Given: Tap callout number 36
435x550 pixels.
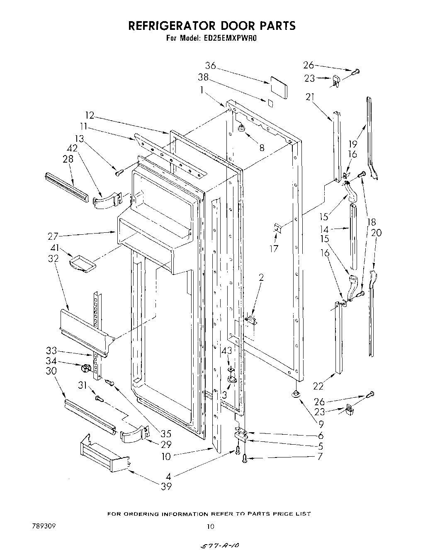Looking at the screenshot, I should coord(211,66).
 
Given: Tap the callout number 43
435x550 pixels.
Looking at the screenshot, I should coord(227,351).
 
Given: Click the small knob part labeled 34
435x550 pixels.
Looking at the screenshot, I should coord(85,367).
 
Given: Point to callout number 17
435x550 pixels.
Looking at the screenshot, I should coord(274,248).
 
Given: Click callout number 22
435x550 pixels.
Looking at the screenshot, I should coord(318,386).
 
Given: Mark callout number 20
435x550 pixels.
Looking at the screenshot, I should coord(376,233).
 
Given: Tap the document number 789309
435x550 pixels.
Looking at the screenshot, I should coord(44,526).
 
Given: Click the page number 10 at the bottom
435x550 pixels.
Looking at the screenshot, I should coord(211,527).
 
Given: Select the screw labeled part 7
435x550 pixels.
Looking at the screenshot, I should coord(244,458).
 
